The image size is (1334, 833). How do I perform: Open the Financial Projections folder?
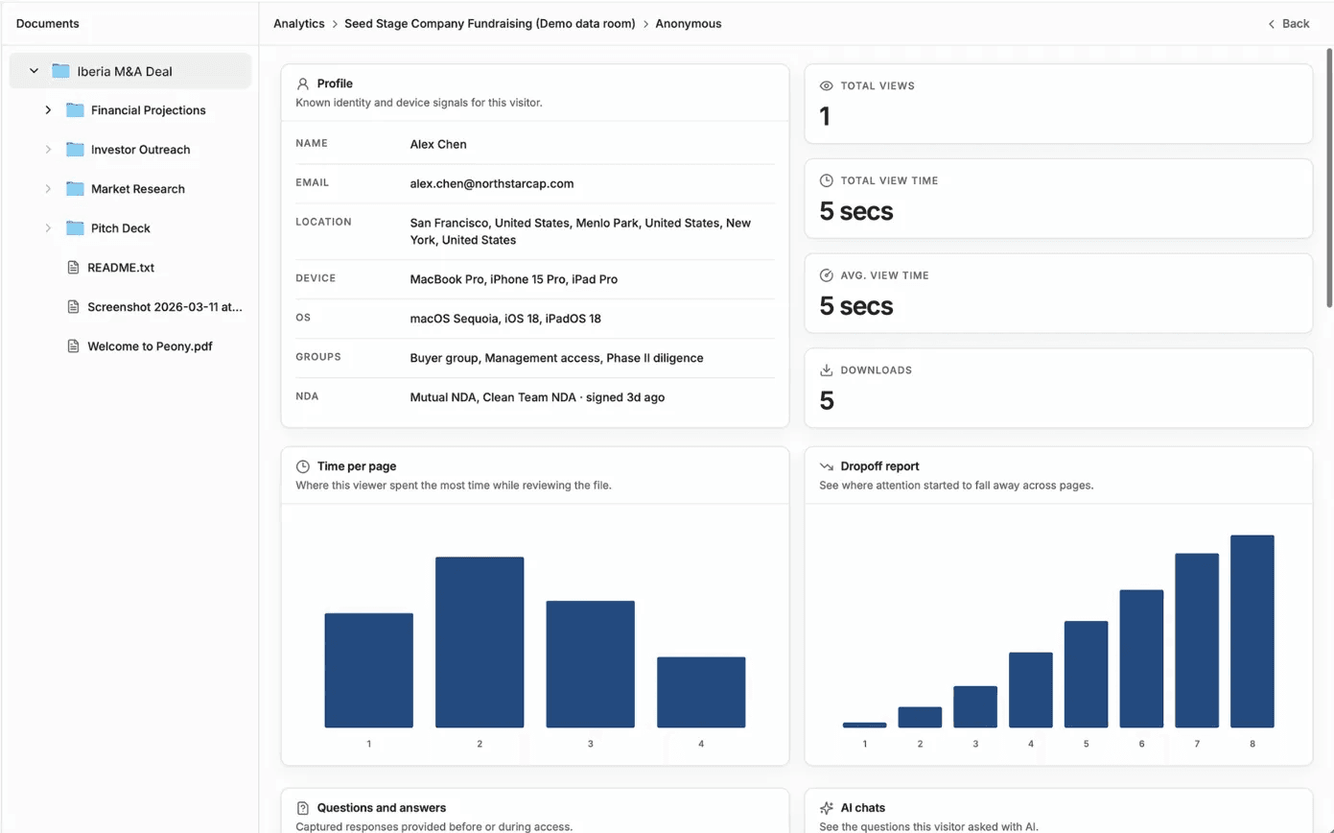(x=148, y=110)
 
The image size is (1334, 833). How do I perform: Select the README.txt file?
(x=120, y=268)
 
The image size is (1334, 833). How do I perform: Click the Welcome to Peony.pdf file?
(x=149, y=346)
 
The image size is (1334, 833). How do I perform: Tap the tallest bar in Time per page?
(x=480, y=642)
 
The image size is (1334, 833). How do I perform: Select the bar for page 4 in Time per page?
(x=701, y=692)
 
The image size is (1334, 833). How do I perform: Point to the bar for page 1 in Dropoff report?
(x=864, y=725)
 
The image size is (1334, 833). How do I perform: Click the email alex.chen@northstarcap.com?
(x=491, y=183)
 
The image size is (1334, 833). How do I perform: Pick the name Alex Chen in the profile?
(x=438, y=144)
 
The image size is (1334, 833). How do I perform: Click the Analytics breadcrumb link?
(x=298, y=23)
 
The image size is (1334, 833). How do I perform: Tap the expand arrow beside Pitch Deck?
(x=48, y=228)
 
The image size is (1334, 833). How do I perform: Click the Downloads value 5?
(x=827, y=400)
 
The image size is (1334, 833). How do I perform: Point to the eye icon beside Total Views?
(x=827, y=86)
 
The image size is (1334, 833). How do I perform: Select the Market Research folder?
(x=137, y=189)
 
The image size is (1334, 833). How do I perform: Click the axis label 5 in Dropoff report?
(x=1086, y=744)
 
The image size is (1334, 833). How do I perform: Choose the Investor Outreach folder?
(x=140, y=150)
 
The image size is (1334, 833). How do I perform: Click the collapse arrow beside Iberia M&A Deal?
(x=34, y=71)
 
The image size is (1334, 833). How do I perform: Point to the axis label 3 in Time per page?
(x=591, y=744)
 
